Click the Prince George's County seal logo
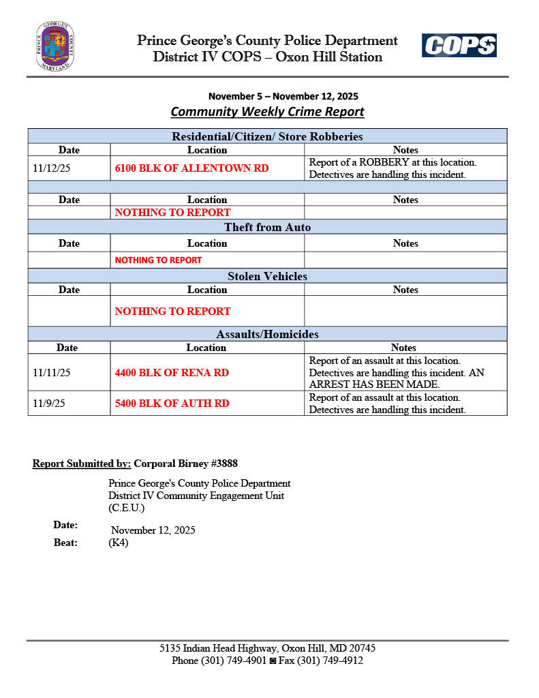pyautogui.click(x=55, y=46)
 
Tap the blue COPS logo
pyautogui.click(x=459, y=46)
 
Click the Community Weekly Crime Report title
pyautogui.click(x=267, y=112)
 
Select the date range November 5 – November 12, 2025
pyautogui.click(x=283, y=96)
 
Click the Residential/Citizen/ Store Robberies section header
pyautogui.click(x=267, y=136)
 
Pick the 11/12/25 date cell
pyautogui.click(x=52, y=168)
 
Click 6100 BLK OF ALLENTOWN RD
pyautogui.click(x=191, y=168)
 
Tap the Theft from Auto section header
pyautogui.click(x=267, y=227)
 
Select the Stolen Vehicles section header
pyautogui.click(x=267, y=276)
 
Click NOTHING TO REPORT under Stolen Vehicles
pyautogui.click(x=172, y=311)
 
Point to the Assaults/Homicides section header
pyautogui.click(x=267, y=334)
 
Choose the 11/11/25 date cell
pyautogui.click(x=52, y=373)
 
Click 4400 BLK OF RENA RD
pyautogui.click(x=172, y=373)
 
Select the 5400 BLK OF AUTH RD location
pyautogui.click(x=172, y=403)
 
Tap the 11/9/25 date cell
pyautogui.click(x=49, y=403)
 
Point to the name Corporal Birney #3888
pyautogui.click(x=185, y=464)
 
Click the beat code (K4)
pyautogui.click(x=119, y=543)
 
